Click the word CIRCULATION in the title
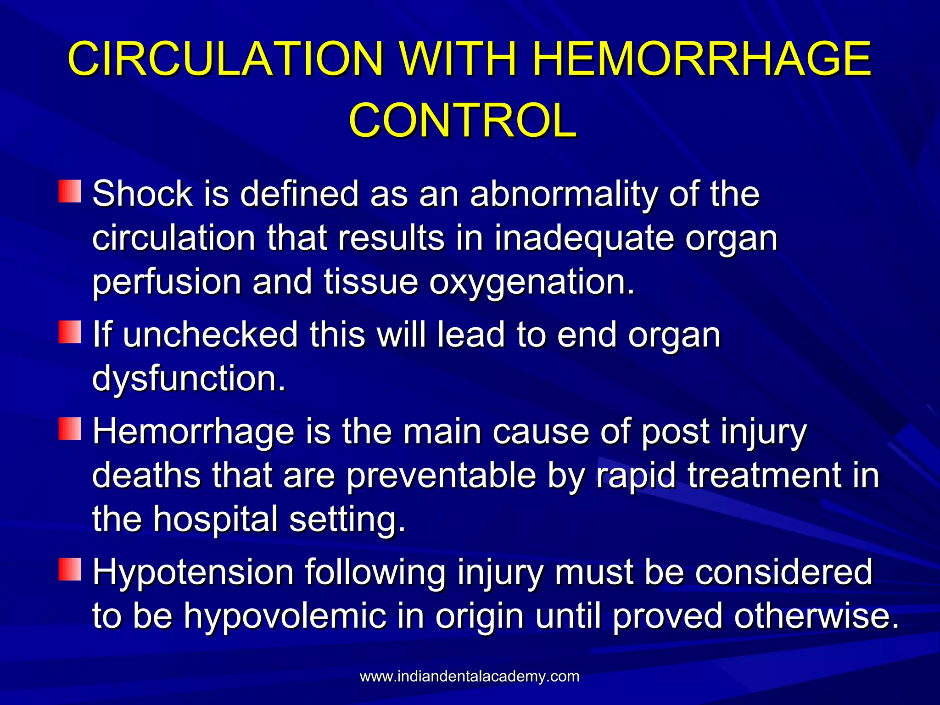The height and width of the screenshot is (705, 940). click(x=225, y=59)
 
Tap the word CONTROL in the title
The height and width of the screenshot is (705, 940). click(x=463, y=120)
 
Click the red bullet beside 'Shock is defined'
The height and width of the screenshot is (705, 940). click(x=70, y=191)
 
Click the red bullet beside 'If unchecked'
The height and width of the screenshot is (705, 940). click(x=70, y=332)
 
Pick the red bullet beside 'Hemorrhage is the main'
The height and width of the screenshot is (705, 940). click(x=70, y=429)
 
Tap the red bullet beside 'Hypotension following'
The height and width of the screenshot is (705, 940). click(x=70, y=570)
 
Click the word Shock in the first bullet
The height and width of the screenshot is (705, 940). click(x=142, y=194)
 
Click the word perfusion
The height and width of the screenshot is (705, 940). click(x=167, y=282)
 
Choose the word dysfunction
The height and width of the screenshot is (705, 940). click(x=188, y=378)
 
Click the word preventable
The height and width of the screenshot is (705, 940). click(x=441, y=476)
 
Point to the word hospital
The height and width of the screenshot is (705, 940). click(x=216, y=519)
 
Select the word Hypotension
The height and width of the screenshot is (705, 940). click(x=193, y=572)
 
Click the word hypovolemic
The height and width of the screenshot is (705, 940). click(x=285, y=616)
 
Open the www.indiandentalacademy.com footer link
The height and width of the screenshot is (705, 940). click(x=470, y=676)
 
